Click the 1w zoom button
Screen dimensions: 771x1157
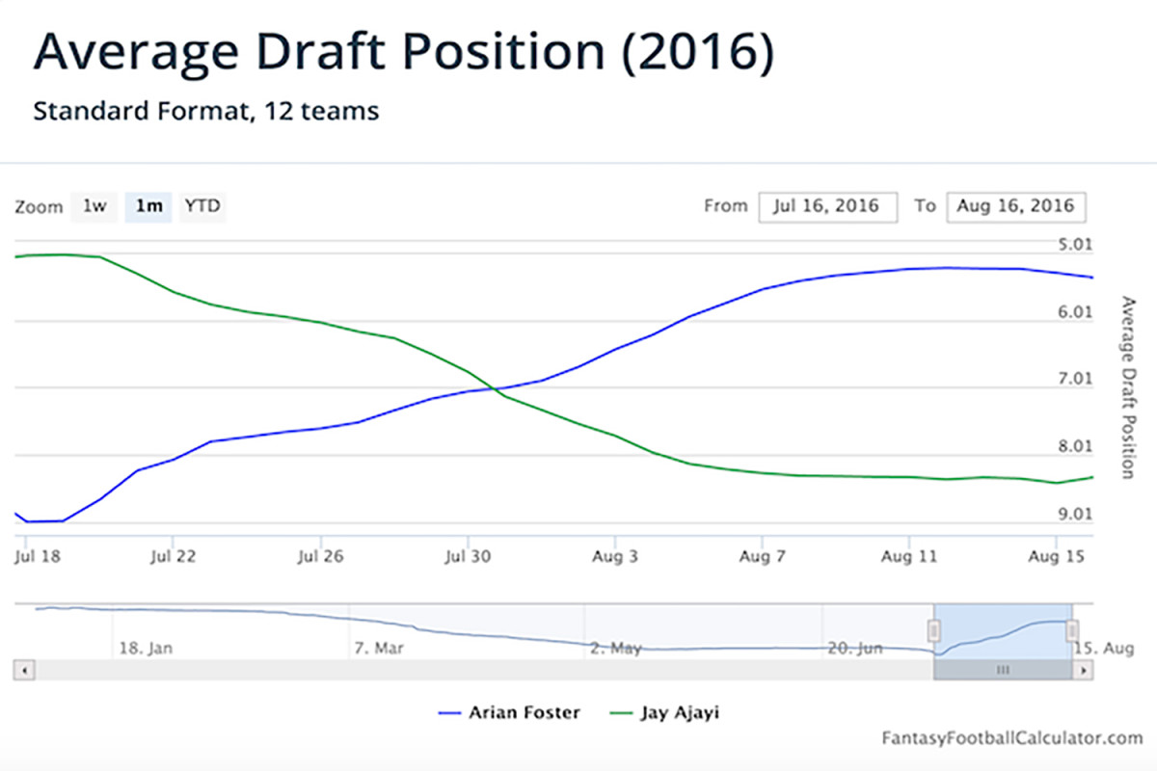(94, 206)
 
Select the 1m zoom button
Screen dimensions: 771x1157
(148, 206)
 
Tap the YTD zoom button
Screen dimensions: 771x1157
(202, 206)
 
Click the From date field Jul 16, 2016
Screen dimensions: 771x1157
(827, 206)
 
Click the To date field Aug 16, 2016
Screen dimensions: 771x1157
(1015, 206)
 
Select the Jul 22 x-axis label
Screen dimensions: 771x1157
(174, 556)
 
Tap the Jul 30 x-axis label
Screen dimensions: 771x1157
(468, 556)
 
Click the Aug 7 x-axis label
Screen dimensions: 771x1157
(763, 556)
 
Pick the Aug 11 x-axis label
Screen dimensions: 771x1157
(910, 556)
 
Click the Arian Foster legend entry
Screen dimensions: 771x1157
(510, 713)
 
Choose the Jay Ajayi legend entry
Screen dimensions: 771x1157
(666, 713)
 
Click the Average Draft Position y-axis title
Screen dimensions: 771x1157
(1127, 386)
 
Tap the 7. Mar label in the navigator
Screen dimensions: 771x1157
(378, 649)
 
